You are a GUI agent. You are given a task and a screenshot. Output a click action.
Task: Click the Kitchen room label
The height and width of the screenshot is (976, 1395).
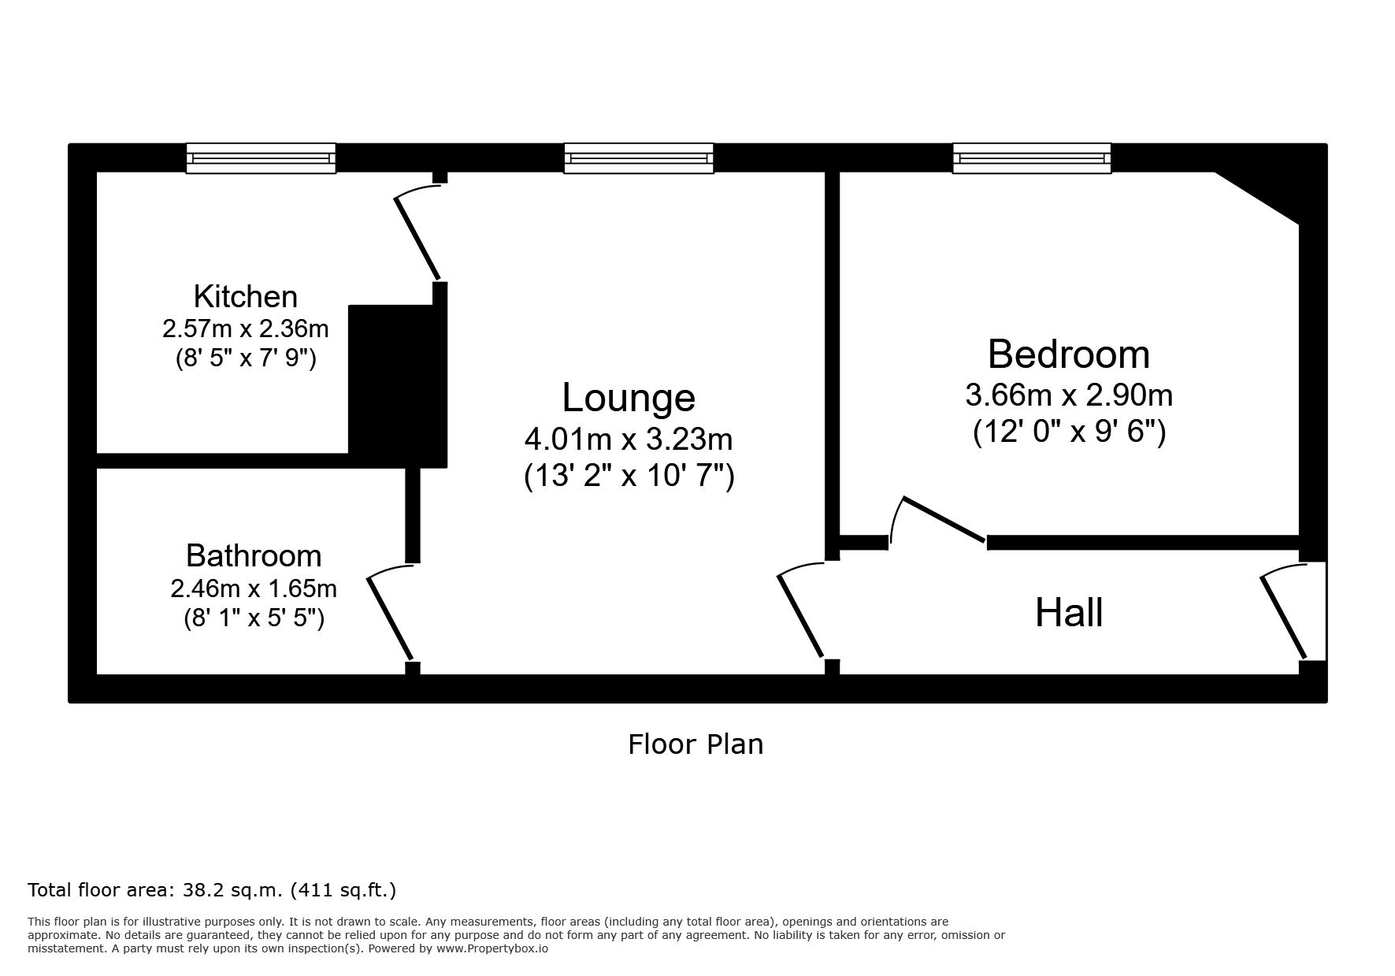(246, 297)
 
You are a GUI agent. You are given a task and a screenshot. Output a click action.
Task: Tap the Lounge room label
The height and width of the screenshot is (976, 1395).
(629, 397)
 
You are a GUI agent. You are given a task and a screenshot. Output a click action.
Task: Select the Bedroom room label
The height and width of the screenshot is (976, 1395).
(1069, 354)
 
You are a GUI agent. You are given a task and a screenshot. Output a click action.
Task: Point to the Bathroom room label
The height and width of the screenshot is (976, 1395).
(254, 556)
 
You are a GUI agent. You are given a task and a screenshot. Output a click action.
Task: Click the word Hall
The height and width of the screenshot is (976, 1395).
(1069, 612)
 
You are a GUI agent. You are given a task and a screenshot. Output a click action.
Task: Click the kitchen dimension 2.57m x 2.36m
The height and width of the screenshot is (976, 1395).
(246, 328)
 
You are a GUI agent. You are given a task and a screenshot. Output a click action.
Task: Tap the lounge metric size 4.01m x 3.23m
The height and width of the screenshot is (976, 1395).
(629, 438)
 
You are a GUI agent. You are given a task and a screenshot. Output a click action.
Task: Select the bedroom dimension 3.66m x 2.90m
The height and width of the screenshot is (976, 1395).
(1069, 395)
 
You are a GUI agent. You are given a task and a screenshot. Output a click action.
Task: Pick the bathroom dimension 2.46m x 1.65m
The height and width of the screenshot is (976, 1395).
(254, 588)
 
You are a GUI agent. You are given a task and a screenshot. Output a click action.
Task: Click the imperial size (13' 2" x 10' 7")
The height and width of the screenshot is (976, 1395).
(629, 476)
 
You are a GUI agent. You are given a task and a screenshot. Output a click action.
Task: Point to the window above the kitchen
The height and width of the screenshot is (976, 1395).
(261, 158)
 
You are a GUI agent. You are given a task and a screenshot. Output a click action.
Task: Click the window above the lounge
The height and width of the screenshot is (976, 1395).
(639, 158)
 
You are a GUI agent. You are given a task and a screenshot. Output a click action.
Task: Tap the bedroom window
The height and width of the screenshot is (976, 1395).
(1032, 158)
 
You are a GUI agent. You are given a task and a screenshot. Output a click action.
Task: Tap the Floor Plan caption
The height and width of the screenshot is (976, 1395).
(696, 744)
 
